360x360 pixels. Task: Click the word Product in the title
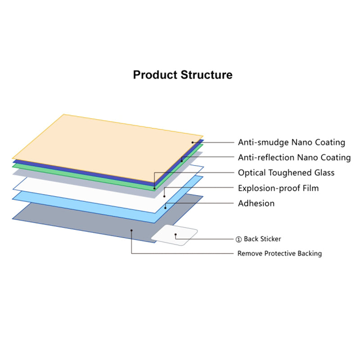point(155,75)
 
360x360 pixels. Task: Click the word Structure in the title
point(207,75)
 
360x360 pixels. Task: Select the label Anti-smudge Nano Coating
point(291,142)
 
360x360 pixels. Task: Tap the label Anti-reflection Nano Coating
point(294,157)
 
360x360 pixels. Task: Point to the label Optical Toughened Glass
point(286,173)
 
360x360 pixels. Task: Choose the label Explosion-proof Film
point(278,188)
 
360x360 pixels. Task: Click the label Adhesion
point(256,203)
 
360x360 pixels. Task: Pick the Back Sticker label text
point(262,239)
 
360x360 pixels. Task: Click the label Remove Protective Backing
point(279,253)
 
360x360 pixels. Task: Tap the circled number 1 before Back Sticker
point(239,239)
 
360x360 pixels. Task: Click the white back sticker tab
point(174,235)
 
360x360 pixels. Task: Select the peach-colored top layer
point(108,148)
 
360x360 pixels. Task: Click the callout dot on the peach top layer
point(193,143)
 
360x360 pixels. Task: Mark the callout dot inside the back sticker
point(175,234)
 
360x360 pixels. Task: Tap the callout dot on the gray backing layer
point(131,230)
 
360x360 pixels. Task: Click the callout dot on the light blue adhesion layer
point(165,208)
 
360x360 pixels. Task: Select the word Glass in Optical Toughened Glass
point(324,173)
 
